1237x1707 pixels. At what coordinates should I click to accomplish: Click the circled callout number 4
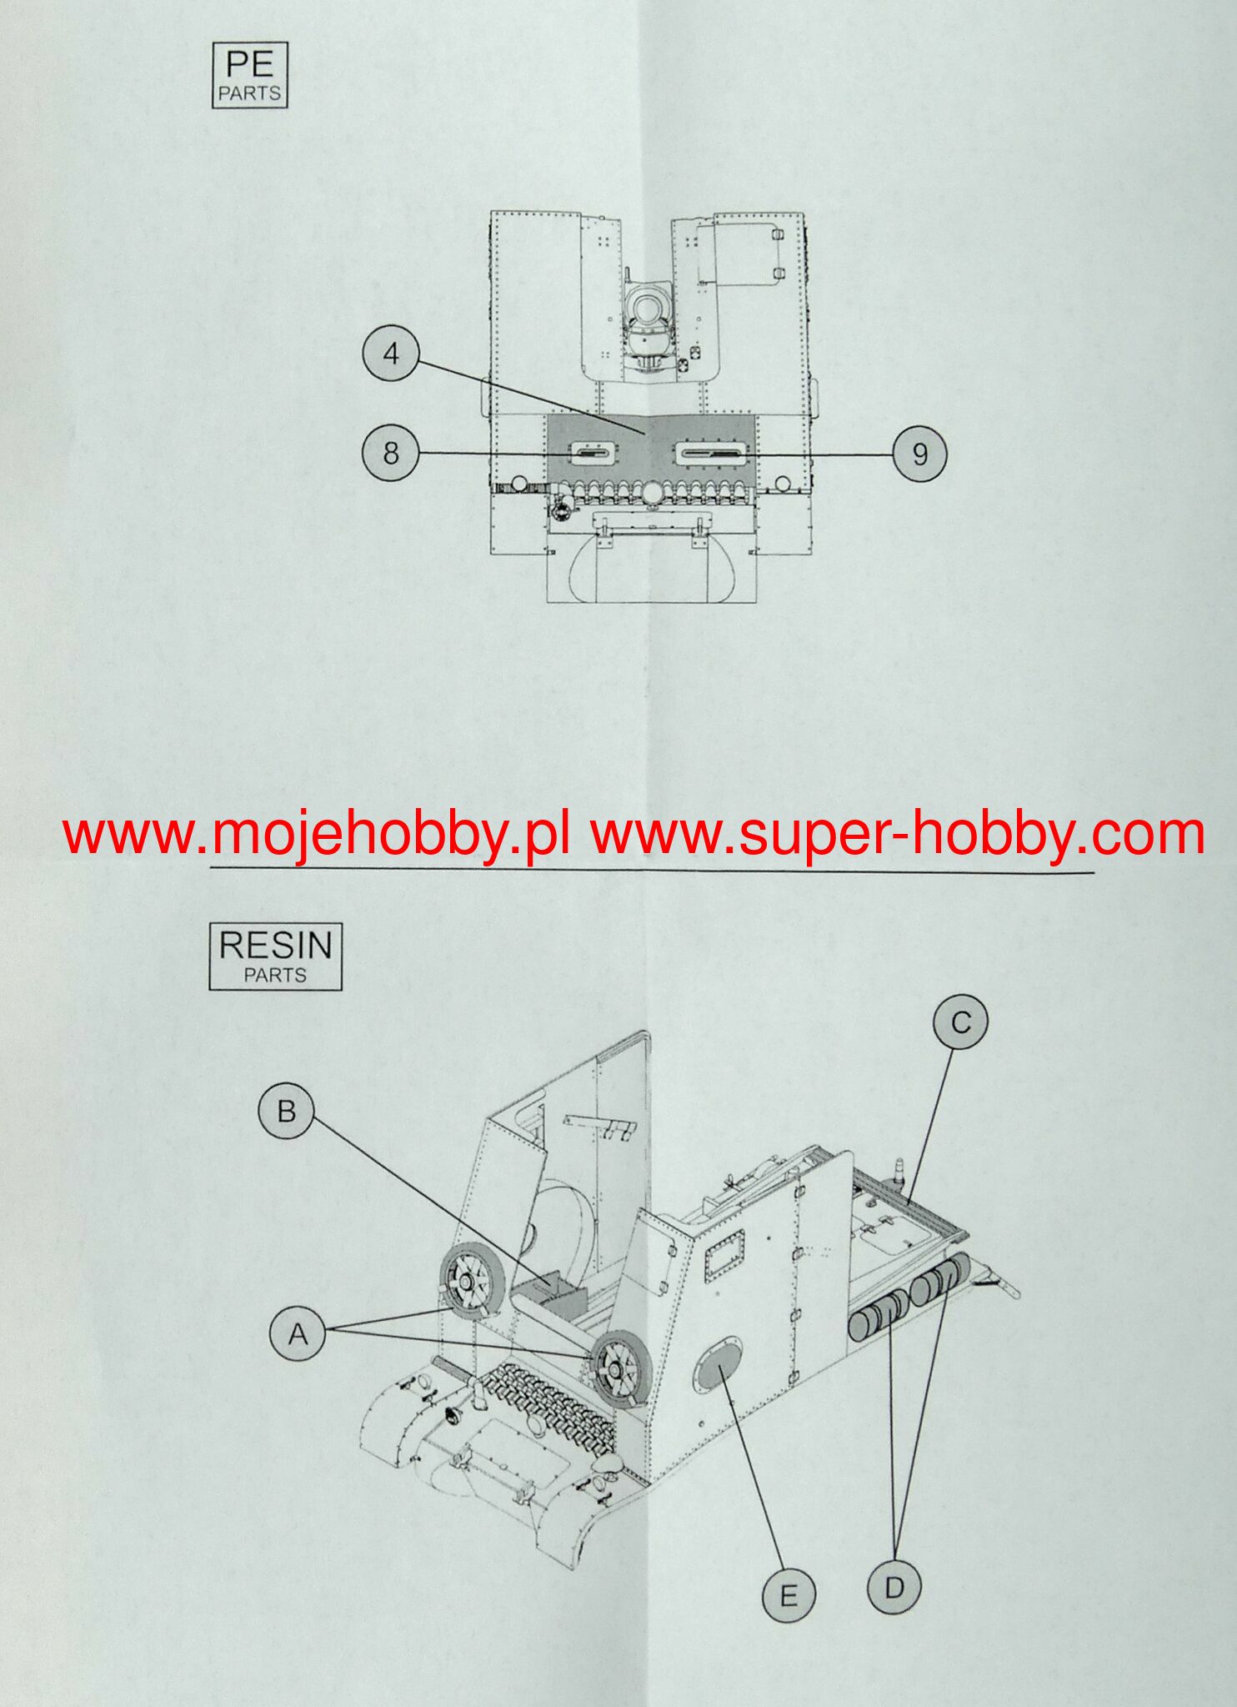pos(390,354)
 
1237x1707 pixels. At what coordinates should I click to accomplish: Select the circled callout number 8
pos(390,453)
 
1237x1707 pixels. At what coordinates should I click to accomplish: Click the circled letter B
pos(286,1112)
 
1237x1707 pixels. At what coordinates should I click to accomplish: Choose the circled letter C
pos(960,1022)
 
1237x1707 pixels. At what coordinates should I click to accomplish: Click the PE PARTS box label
pos(250,75)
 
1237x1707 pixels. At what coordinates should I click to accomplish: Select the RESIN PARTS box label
pos(275,956)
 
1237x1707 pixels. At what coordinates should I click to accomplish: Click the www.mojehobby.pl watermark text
pos(317,834)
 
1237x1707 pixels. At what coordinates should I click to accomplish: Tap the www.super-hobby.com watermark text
pos(899,834)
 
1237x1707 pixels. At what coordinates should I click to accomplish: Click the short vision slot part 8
pos(593,453)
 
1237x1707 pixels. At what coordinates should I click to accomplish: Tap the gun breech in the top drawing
pos(652,317)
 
